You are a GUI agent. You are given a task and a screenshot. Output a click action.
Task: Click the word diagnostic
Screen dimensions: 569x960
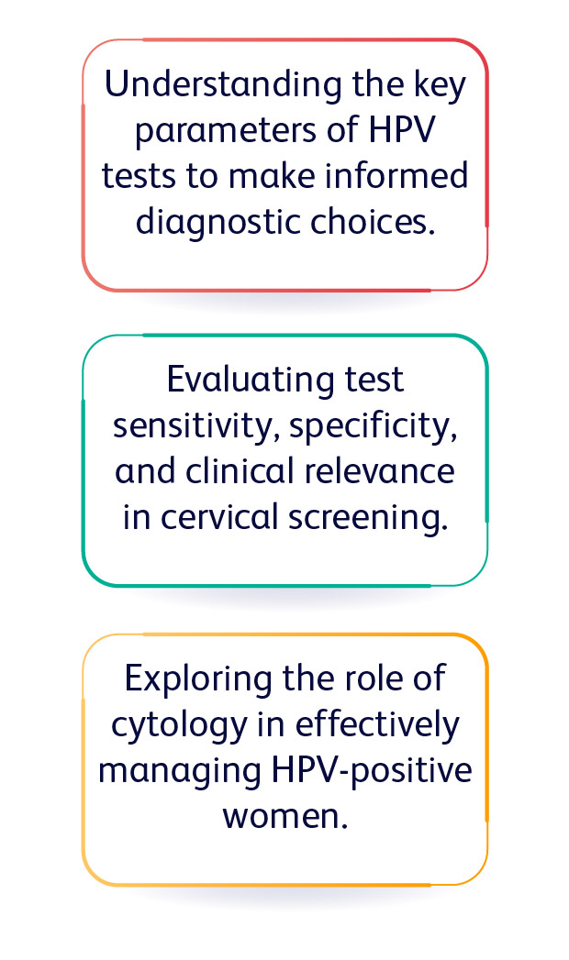click(x=218, y=222)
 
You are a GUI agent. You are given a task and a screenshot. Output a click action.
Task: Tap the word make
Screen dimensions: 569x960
click(x=273, y=176)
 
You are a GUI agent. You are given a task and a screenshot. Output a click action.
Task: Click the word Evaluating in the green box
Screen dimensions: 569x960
click(x=251, y=381)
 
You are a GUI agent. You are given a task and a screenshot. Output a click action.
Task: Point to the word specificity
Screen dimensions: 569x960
click(x=373, y=426)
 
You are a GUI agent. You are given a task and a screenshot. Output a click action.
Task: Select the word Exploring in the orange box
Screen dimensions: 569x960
click(x=198, y=679)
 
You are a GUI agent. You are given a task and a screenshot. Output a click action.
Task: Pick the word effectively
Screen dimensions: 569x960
click(x=376, y=725)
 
